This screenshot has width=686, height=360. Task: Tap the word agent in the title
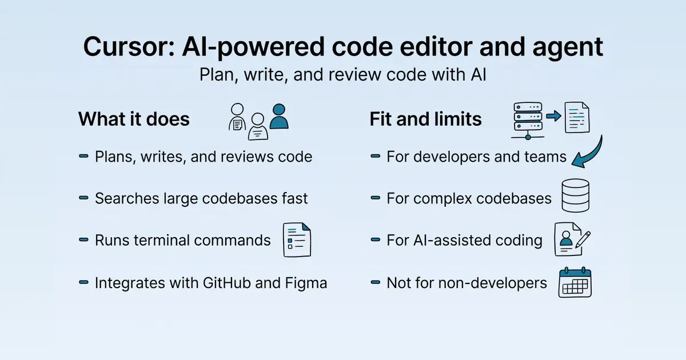click(x=568, y=48)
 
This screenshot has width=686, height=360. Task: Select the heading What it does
click(x=134, y=119)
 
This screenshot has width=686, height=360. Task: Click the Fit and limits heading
click(x=426, y=119)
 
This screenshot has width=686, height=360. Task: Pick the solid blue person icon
click(x=279, y=117)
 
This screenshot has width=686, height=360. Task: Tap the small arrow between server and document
click(x=554, y=115)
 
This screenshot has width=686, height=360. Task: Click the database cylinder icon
click(x=576, y=195)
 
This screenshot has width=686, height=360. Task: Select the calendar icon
click(x=575, y=282)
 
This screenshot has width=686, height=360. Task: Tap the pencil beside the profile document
click(x=583, y=239)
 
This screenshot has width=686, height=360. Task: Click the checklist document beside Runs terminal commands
click(x=297, y=239)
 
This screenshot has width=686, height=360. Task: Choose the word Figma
click(x=306, y=283)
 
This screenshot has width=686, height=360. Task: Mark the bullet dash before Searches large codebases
click(x=83, y=198)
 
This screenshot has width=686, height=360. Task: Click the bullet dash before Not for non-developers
click(x=376, y=282)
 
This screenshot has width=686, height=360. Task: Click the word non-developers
click(x=493, y=283)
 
